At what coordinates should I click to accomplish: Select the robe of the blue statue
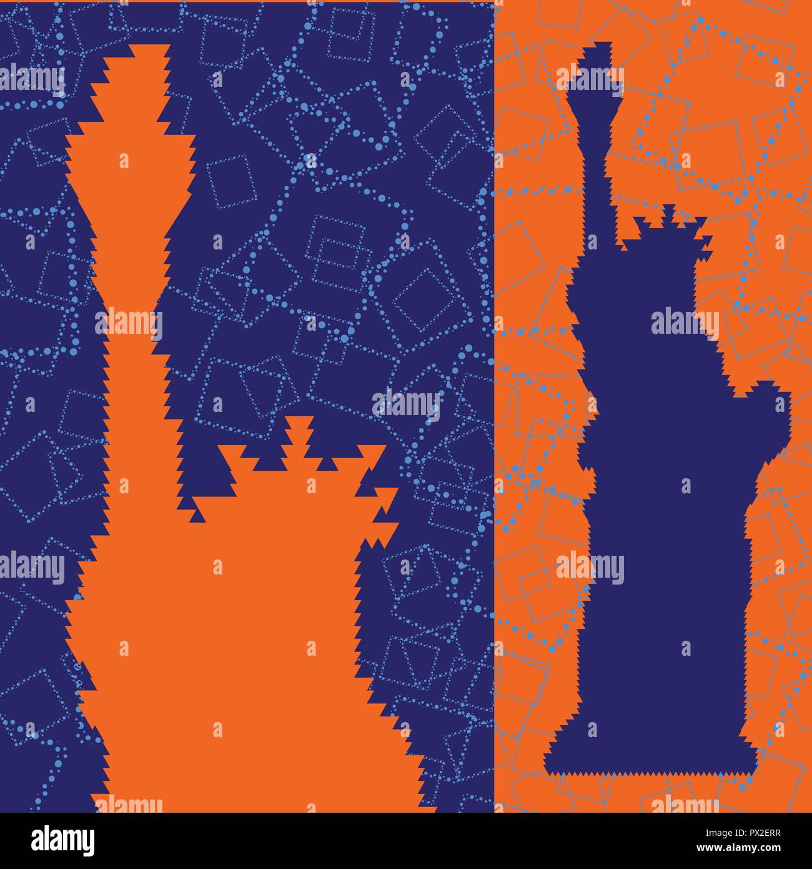(x=662, y=563)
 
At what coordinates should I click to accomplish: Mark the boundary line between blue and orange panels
(x=494, y=406)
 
